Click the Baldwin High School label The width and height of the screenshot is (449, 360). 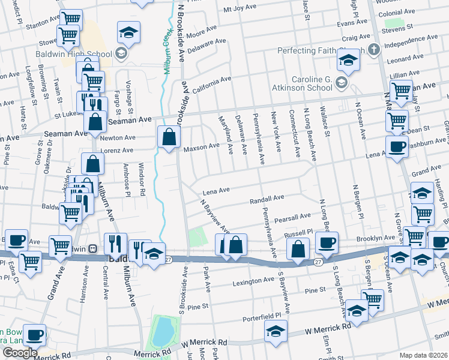(86, 54)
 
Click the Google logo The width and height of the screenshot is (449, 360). (20, 353)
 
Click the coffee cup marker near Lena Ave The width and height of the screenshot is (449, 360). (396, 147)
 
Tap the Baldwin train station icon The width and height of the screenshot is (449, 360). (92, 248)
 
